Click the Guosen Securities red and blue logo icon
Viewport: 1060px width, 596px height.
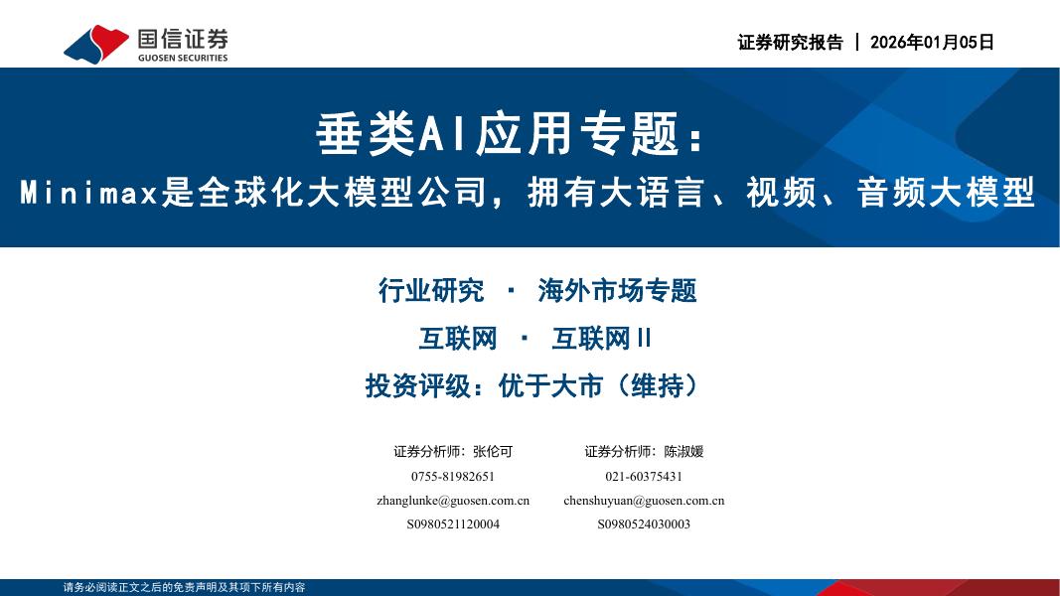click(95, 43)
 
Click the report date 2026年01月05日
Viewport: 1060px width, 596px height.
click(931, 43)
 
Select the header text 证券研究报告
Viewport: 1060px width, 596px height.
click(790, 43)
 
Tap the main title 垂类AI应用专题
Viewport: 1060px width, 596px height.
click(497, 133)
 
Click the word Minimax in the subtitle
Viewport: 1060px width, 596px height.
click(89, 192)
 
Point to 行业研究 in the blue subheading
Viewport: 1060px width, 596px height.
click(431, 291)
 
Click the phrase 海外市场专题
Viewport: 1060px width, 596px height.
click(617, 291)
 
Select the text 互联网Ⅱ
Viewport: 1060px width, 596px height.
click(601, 339)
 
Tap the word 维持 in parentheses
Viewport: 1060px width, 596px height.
click(657, 386)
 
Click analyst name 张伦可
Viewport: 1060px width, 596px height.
click(493, 451)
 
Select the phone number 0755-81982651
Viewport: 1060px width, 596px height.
click(453, 476)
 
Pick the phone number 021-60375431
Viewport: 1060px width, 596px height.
click(644, 476)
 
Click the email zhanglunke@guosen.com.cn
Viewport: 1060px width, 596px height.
click(453, 501)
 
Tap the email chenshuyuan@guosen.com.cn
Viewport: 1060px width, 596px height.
click(644, 501)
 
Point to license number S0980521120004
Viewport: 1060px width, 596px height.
click(453, 524)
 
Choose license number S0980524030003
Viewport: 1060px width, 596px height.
click(644, 524)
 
